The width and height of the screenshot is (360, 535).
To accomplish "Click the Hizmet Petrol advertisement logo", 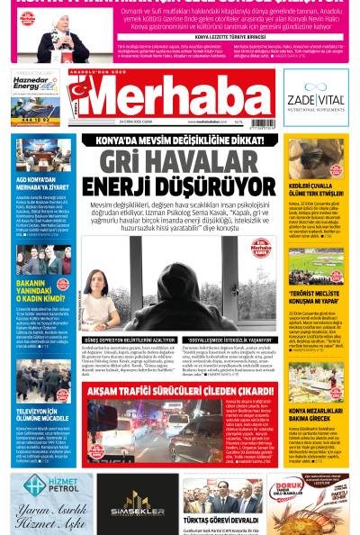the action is pyautogui.click(x=49, y=486).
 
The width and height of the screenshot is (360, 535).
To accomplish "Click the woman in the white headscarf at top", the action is pyautogui.click(x=63, y=32).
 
